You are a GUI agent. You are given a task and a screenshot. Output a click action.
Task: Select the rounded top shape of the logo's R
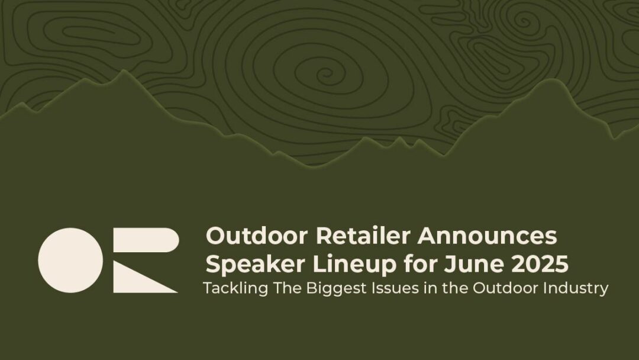tap(148, 240)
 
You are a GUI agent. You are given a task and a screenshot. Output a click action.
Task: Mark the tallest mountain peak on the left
tap(124, 72)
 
